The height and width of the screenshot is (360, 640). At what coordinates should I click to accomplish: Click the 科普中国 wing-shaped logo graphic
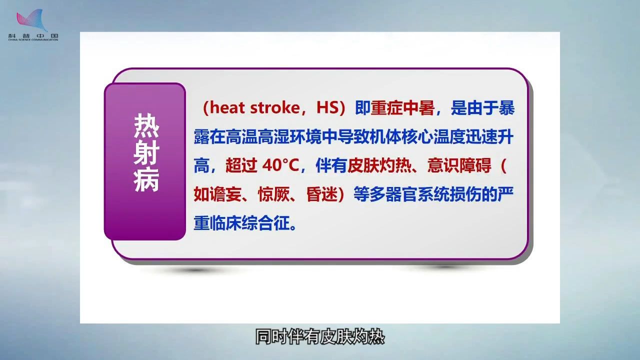point(32,20)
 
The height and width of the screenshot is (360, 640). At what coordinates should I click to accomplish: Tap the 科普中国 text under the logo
point(33,36)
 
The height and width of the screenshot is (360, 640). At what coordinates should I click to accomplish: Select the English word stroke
point(275,108)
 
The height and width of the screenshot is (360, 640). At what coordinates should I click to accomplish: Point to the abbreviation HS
point(327,108)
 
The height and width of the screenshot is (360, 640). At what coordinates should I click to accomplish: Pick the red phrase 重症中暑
point(402,108)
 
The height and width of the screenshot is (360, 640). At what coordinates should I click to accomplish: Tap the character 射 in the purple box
point(146,152)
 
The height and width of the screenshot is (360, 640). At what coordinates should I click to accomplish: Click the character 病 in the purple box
point(146,180)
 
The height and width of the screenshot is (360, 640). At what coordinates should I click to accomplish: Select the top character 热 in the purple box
point(146,125)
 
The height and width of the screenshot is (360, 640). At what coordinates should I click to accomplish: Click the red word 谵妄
point(225,194)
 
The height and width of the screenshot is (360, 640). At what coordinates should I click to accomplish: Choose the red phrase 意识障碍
point(459,165)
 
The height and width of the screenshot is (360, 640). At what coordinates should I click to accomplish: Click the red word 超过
point(241,165)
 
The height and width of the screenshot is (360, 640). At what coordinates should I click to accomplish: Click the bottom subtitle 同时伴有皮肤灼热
point(319,337)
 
